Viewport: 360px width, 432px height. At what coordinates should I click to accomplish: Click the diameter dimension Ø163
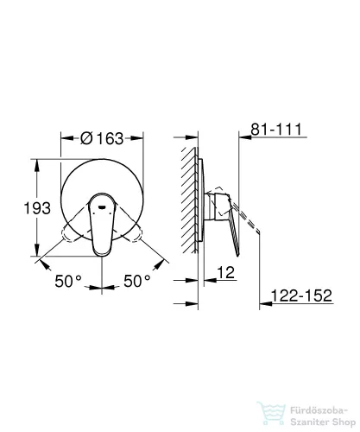point(102,138)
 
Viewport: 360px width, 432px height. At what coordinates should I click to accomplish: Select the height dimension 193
point(37,208)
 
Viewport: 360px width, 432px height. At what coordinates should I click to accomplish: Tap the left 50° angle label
point(68,281)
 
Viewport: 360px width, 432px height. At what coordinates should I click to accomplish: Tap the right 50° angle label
point(137,281)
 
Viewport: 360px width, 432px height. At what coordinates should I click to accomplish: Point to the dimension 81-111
point(276,129)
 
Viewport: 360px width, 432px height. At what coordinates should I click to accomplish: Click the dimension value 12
point(226,272)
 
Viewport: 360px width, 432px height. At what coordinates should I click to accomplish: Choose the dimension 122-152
point(301,295)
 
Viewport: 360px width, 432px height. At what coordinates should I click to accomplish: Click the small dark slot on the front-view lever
point(102,206)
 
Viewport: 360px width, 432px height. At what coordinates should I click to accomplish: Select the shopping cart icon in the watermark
point(271,414)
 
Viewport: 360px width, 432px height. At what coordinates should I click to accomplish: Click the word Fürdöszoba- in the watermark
point(319,410)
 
